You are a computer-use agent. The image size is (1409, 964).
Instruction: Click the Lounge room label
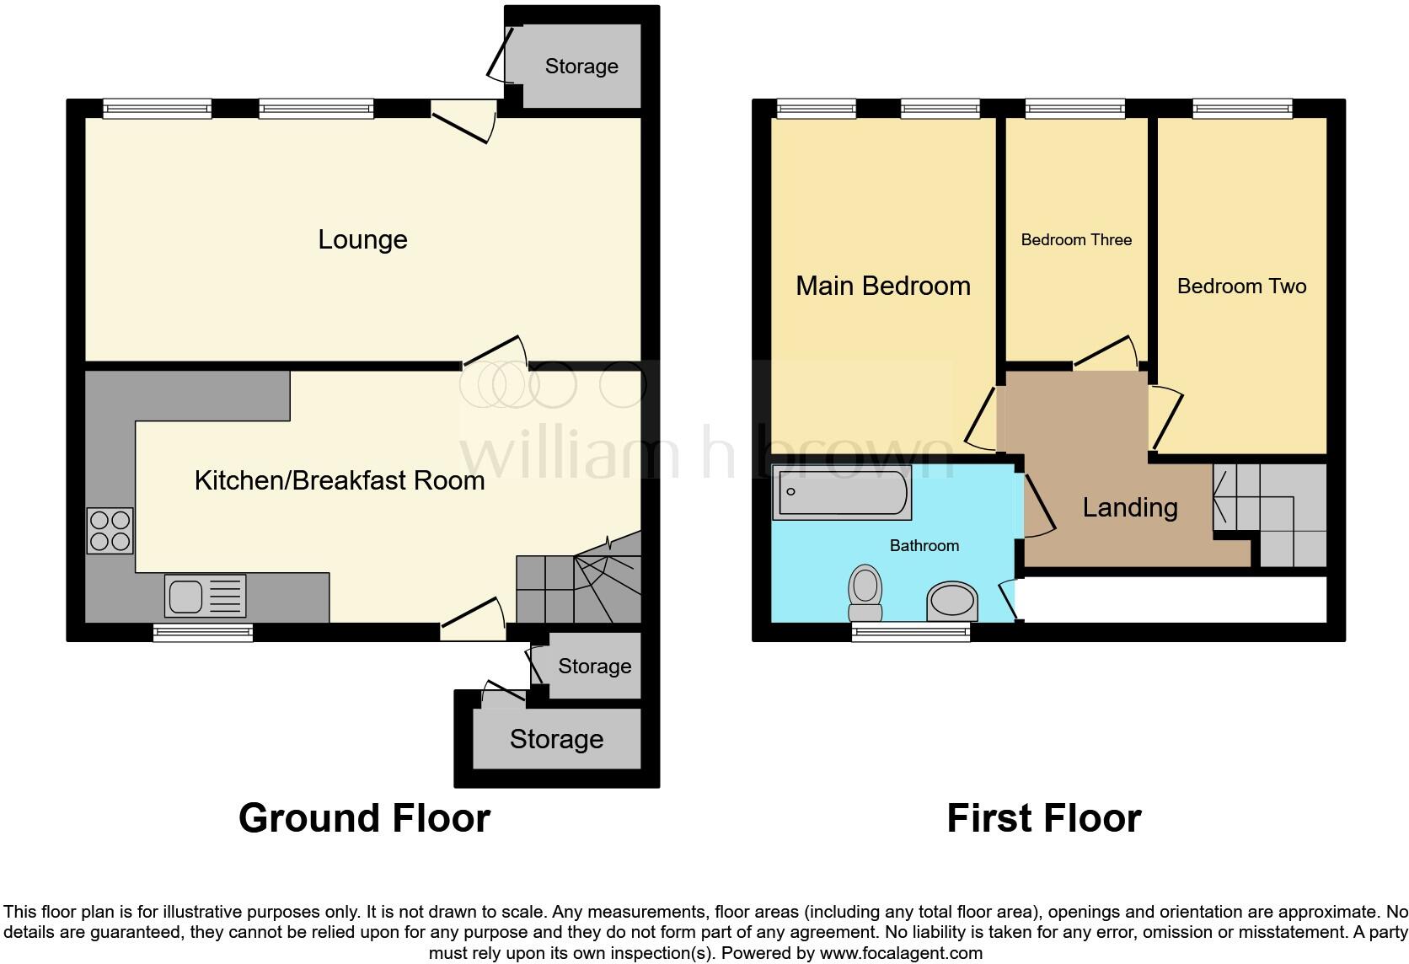pyautogui.click(x=362, y=240)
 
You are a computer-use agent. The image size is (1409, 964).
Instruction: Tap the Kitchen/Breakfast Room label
pyautogui.click(x=340, y=480)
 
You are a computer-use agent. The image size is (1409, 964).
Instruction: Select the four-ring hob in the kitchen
pyautogui.click(x=110, y=530)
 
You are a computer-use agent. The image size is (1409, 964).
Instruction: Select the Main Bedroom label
pyautogui.click(x=882, y=287)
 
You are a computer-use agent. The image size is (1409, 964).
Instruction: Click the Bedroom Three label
pyautogui.click(x=1076, y=240)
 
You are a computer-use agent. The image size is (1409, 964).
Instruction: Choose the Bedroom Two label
pyautogui.click(x=1241, y=287)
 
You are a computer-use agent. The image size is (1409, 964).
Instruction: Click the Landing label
pyautogui.click(x=1129, y=507)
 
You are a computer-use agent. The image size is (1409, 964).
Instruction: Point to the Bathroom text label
pyautogui.click(x=924, y=546)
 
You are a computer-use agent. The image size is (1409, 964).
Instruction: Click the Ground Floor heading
pyautogui.click(x=364, y=818)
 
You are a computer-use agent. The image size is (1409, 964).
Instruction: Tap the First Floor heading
pyautogui.click(x=1043, y=818)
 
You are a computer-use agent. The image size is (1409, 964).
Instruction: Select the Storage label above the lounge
pyautogui.click(x=581, y=67)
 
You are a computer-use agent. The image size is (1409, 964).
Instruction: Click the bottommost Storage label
pyautogui.click(x=556, y=740)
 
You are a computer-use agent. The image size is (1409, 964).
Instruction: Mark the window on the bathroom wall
pyautogui.click(x=911, y=632)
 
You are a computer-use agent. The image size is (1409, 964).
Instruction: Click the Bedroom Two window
pyautogui.click(x=1242, y=108)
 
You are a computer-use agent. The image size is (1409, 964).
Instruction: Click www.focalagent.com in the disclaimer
pyautogui.click(x=900, y=954)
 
